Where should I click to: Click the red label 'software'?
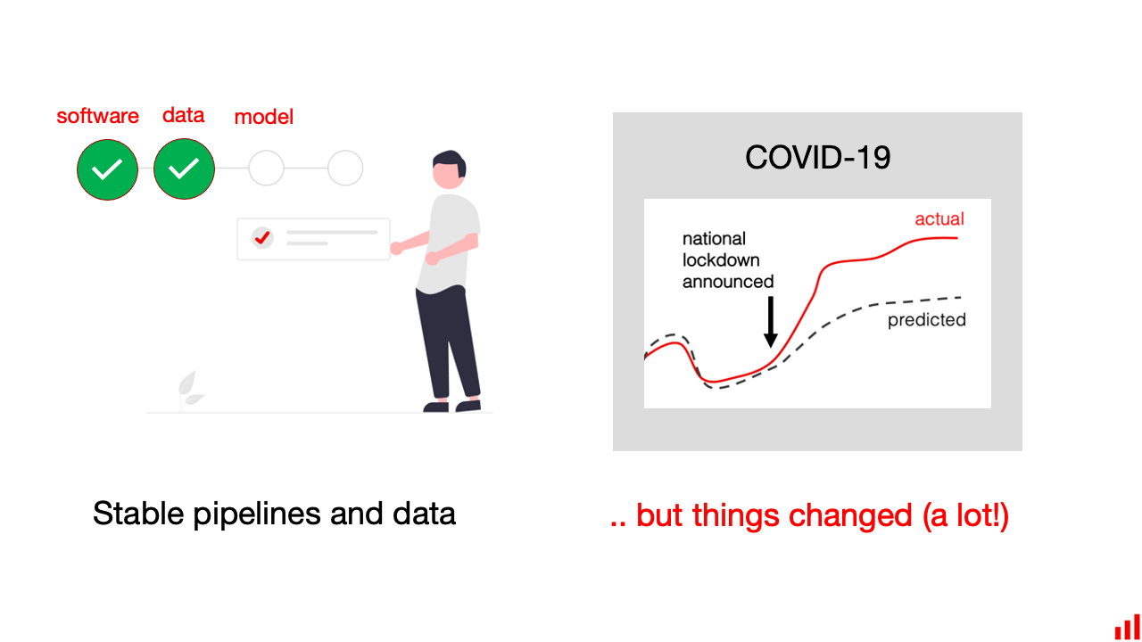click(x=97, y=116)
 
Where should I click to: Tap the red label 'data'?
click(x=183, y=115)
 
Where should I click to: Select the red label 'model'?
click(x=263, y=117)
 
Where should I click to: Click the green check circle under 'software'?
click(x=107, y=169)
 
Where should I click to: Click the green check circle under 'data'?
click(x=184, y=169)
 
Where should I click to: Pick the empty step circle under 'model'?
click(x=266, y=168)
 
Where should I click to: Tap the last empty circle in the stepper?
click(x=345, y=168)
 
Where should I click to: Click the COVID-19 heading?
click(x=817, y=158)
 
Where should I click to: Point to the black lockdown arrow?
click(x=771, y=322)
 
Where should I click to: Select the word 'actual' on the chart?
click(x=939, y=218)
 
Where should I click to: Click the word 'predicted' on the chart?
click(x=926, y=320)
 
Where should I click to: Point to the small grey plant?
click(x=187, y=391)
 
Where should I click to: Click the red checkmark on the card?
click(x=261, y=237)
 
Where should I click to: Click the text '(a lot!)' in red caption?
click(x=965, y=515)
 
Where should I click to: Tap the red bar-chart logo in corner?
click(x=1127, y=626)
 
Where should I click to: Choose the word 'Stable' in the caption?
click(x=137, y=514)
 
